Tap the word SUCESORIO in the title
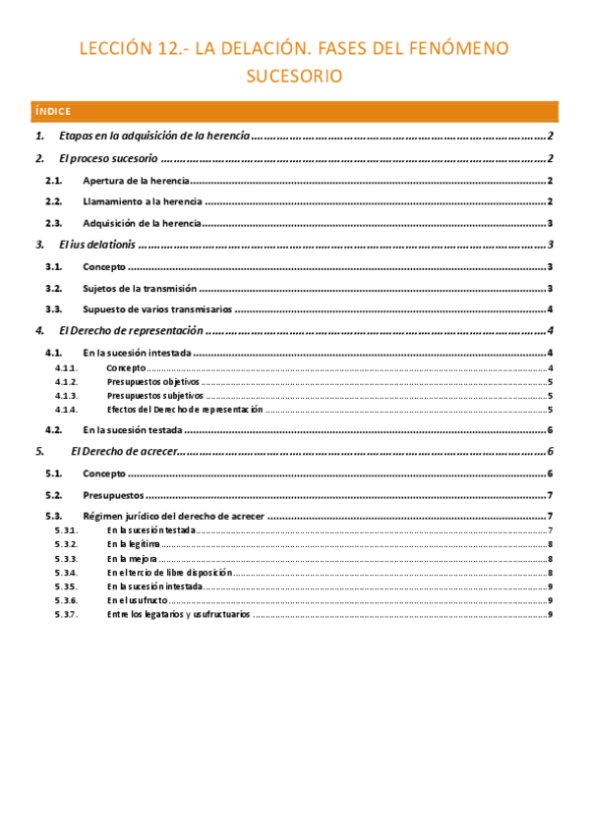[294, 77]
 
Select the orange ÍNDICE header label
[50, 111]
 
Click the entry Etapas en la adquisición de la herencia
[154, 136]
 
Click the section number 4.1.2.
[67, 382]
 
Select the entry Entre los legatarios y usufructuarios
[178, 614]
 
